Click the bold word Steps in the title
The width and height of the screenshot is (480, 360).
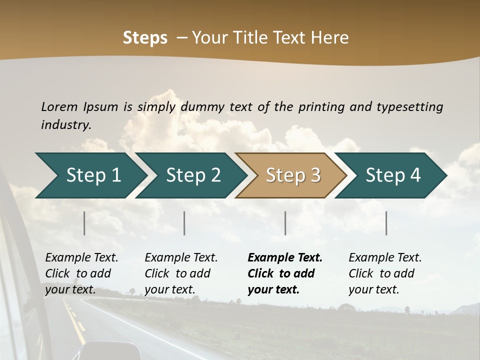point(145,38)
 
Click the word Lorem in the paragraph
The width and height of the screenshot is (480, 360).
point(59,106)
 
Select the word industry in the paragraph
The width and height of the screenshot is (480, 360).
point(65,124)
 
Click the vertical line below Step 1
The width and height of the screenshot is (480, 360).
point(84,223)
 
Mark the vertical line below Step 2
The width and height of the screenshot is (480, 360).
point(184,223)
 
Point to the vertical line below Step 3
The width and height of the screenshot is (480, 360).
point(285,223)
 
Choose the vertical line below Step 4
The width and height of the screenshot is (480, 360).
point(386,223)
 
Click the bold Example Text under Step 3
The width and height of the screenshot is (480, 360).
point(285,258)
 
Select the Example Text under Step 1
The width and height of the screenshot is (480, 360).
point(81,258)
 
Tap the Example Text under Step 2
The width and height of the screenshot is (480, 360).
point(181,258)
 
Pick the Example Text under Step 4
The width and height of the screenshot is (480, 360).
point(385,258)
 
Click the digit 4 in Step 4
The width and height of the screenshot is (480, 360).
point(415,175)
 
